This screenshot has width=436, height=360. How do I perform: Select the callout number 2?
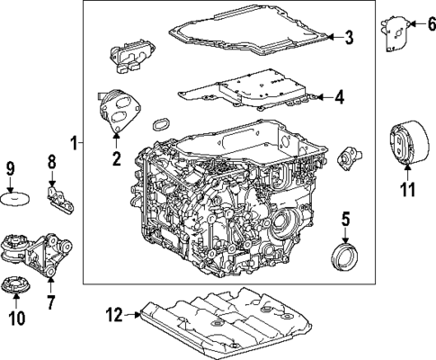pos(116,160)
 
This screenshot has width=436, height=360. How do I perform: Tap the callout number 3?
pos(350,37)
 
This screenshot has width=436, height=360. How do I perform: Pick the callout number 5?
pos(344,219)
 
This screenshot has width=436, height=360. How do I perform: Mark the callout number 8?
pos(51,162)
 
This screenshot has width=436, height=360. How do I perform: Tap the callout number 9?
pos(11,168)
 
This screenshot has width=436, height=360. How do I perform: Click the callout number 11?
pos(406,189)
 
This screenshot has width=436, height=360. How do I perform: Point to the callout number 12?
pos(113,314)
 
